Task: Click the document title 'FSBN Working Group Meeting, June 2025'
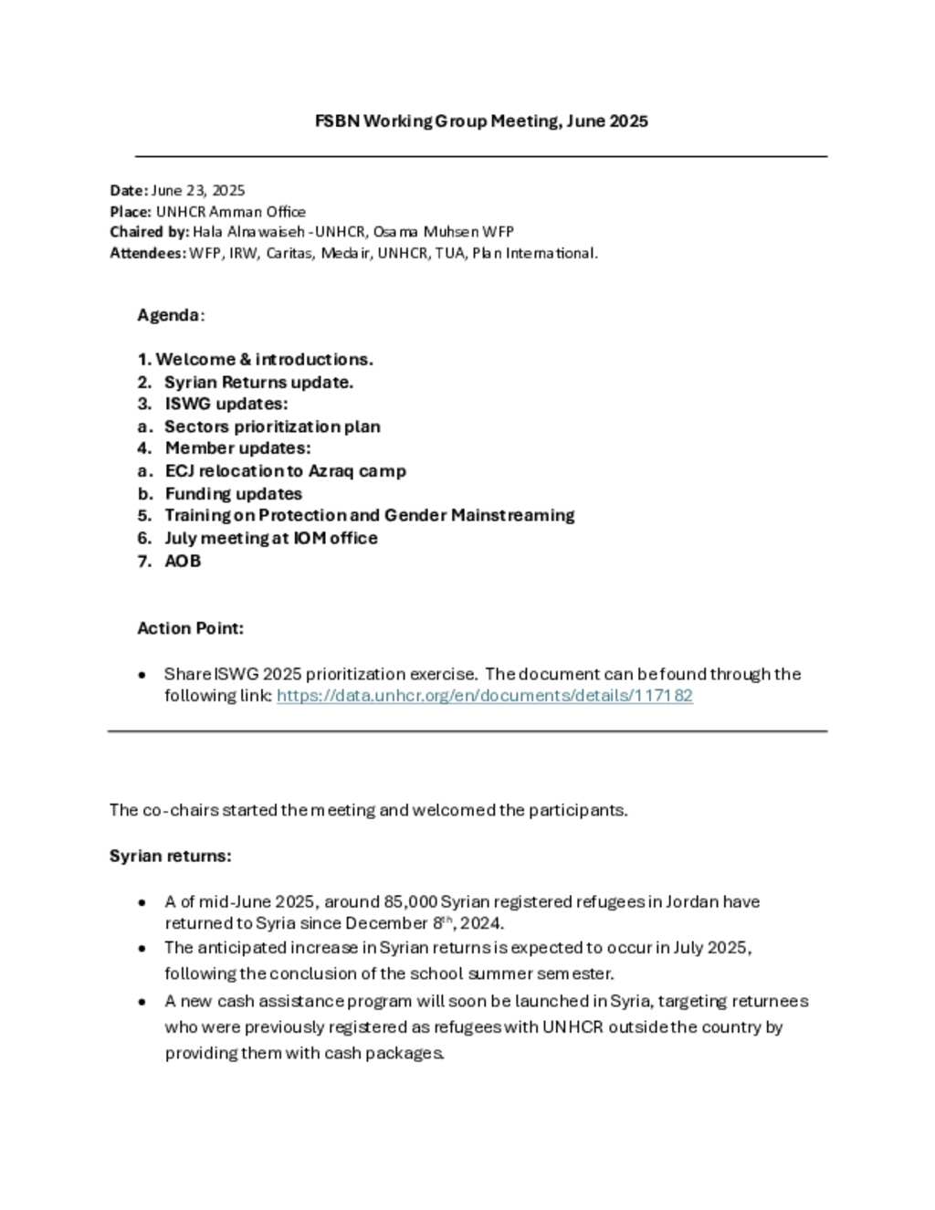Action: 481,121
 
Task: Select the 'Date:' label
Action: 129,190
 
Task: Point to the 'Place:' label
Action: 131,211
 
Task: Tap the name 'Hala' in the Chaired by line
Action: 207,232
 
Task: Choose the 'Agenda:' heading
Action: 171,315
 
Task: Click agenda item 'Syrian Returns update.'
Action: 258,382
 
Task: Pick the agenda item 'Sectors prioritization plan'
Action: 272,426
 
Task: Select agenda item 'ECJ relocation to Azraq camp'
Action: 285,471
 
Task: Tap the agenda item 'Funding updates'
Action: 233,493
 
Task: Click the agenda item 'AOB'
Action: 183,561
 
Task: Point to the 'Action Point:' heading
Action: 190,628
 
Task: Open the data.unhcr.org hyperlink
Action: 484,696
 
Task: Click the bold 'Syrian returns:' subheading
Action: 170,856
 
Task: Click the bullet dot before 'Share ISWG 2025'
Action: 142,675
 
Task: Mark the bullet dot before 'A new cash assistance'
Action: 142,1002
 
